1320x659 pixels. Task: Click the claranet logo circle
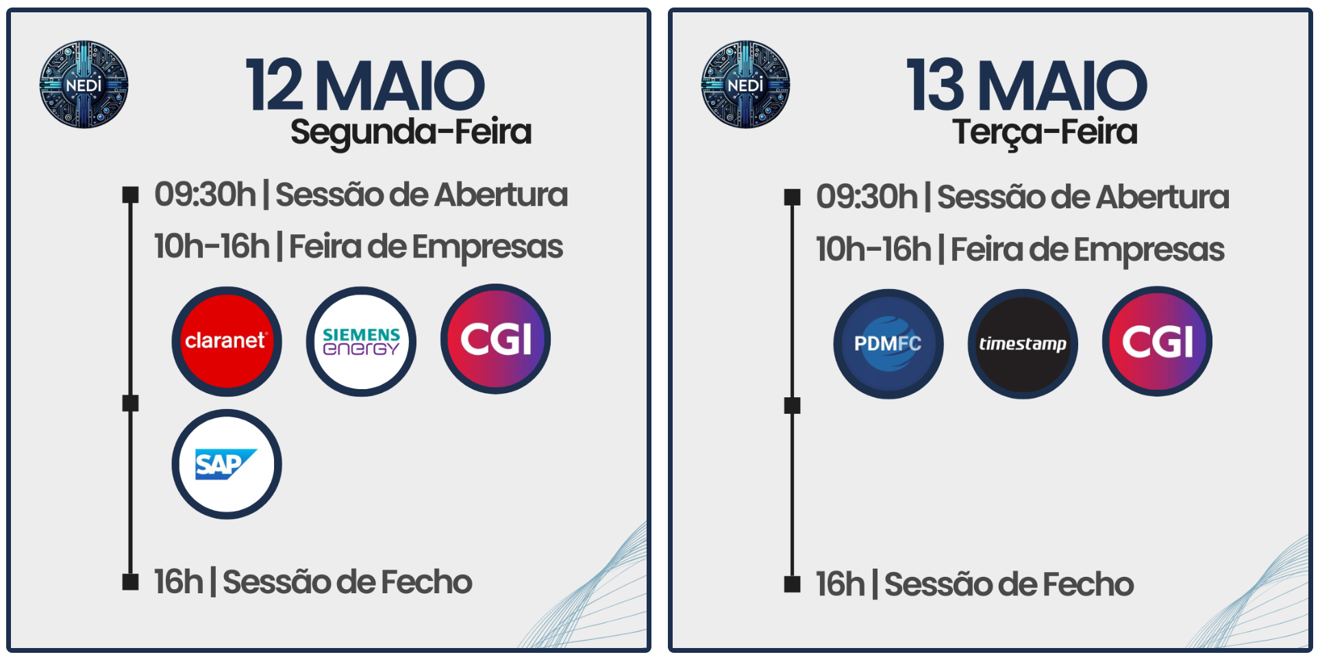tap(227, 341)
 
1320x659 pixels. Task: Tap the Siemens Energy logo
tap(361, 341)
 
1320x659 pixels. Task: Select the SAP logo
tap(227, 464)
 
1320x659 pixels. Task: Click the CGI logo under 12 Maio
tap(495, 339)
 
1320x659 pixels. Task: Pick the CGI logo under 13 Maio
tap(1157, 341)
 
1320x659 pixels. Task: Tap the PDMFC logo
tap(888, 344)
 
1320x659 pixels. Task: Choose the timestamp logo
tap(1023, 344)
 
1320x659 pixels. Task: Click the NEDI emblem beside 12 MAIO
tap(84, 84)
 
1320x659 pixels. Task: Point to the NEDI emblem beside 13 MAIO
tap(745, 84)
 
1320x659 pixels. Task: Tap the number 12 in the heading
tap(274, 85)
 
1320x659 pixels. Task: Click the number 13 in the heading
tap(936, 85)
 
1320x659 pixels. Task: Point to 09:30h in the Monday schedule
tap(206, 195)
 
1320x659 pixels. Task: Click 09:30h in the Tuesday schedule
tap(867, 197)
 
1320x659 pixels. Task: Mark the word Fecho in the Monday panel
tap(426, 582)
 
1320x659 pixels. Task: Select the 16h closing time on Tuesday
tap(840, 584)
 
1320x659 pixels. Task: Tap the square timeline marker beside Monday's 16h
tap(130, 582)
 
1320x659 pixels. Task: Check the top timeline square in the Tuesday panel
tap(792, 197)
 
